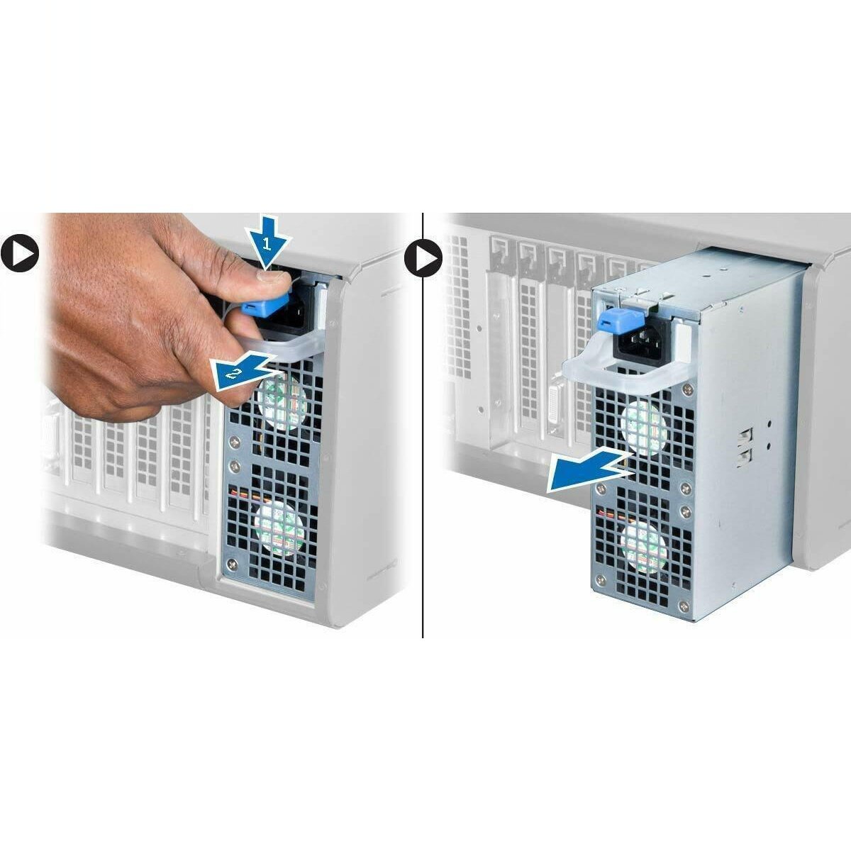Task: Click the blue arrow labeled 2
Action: click(241, 372)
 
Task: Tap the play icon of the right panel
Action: click(423, 258)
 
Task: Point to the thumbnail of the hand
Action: click(267, 277)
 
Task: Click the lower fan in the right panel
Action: click(643, 544)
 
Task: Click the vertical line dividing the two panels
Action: click(423, 425)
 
